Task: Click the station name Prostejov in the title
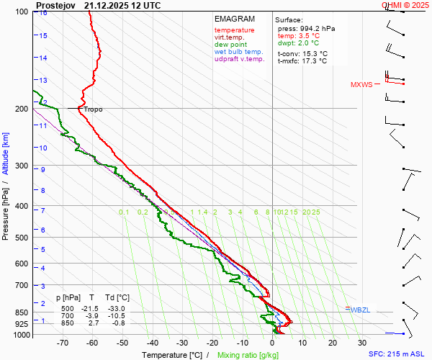point(57,5)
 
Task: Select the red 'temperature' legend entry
point(234,30)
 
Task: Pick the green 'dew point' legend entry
point(230,45)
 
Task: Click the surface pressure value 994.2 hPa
point(316,28)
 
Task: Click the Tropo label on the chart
point(93,109)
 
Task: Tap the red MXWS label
point(361,85)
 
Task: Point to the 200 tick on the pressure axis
point(22,109)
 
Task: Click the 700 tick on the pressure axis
point(22,286)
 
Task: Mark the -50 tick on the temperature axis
point(122,343)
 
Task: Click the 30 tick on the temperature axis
point(362,343)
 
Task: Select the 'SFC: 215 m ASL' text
point(396,354)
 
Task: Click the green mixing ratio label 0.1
point(124,212)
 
